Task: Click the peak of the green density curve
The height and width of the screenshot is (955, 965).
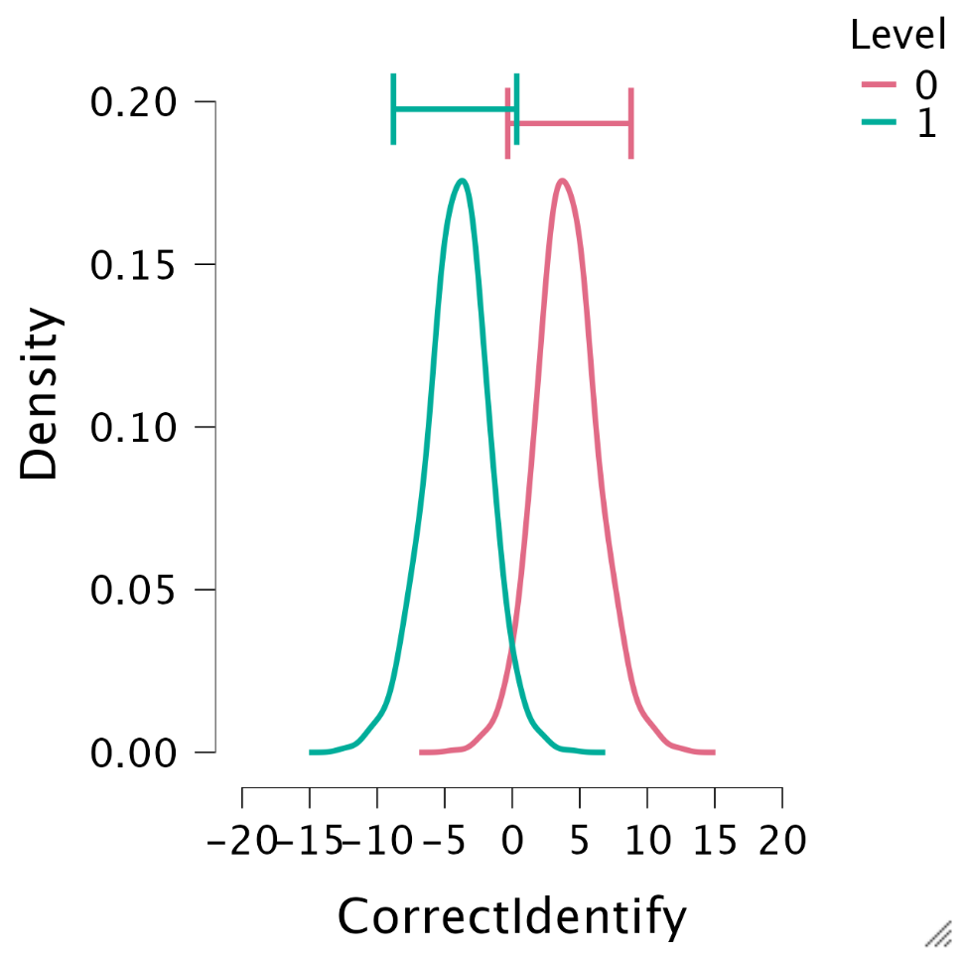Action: tap(462, 181)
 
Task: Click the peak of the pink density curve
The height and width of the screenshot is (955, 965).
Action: tap(563, 181)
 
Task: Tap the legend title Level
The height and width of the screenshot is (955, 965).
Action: tap(897, 36)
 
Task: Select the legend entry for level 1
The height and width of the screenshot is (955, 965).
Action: tap(899, 125)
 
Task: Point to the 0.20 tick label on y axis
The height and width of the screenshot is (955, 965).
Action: tap(134, 102)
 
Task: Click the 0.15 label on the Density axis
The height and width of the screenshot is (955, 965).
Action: tap(134, 265)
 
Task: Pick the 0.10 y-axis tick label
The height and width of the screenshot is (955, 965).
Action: tap(134, 428)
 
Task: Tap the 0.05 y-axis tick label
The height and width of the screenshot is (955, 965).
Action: tap(134, 591)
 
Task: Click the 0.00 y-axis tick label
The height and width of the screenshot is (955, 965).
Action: tap(134, 753)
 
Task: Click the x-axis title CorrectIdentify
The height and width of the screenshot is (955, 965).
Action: tap(511, 917)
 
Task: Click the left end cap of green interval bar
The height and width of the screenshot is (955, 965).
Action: tap(394, 108)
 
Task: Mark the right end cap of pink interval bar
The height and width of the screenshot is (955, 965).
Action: tap(631, 123)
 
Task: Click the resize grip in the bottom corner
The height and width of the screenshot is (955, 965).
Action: tap(938, 933)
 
